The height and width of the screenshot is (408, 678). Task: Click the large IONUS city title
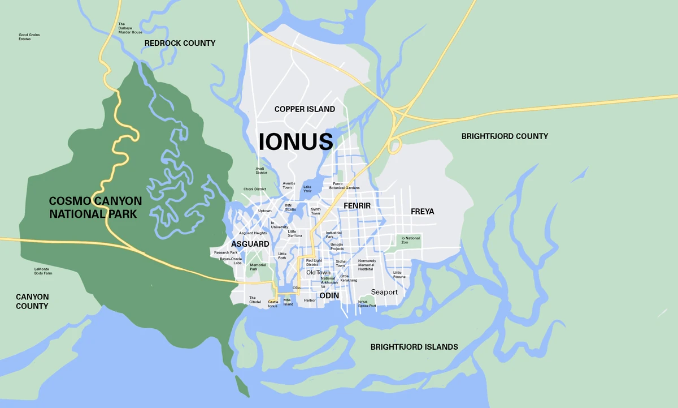(295, 141)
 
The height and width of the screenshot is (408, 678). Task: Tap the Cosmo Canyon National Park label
(95, 208)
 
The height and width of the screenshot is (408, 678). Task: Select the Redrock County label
(180, 43)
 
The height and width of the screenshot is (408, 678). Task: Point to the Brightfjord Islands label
(414, 347)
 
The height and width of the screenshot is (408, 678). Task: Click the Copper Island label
(305, 109)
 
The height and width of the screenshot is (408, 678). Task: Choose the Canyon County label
(32, 302)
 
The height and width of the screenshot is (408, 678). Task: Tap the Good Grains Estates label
(29, 37)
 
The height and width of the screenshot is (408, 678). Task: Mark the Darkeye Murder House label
(129, 28)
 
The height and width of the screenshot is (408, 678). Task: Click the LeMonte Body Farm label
(43, 271)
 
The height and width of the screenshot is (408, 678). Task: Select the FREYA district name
(422, 212)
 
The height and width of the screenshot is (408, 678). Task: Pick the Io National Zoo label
(411, 240)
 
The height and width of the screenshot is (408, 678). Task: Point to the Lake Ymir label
(307, 189)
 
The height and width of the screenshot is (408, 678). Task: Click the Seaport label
(384, 292)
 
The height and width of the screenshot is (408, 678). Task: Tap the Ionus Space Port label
(367, 304)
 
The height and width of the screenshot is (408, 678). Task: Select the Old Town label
(318, 273)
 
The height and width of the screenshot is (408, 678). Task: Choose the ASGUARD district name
(250, 244)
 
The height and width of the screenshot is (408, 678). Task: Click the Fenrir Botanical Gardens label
(346, 186)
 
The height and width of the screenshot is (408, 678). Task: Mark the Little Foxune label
(399, 274)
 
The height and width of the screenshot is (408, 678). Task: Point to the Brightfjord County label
(505, 136)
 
